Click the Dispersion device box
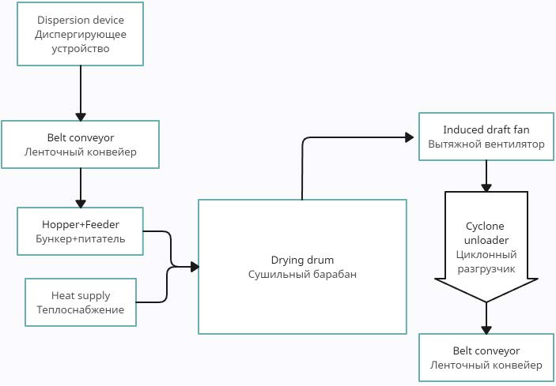tap(81, 34)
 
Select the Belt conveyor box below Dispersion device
tap(81, 144)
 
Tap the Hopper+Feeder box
tap(81, 230)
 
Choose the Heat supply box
tap(81, 302)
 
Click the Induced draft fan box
tap(486, 137)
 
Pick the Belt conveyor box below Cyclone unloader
tap(486, 358)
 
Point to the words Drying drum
tap(302, 260)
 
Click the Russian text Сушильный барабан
tap(302, 274)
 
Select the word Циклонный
tap(486, 254)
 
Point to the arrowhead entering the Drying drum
tap(194, 267)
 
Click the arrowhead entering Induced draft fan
tap(411, 137)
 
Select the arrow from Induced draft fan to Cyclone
tap(486, 175)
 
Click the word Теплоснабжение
tap(81, 309)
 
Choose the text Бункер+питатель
tap(81, 238)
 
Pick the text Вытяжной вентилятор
tap(486, 144)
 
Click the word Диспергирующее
tap(81, 34)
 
